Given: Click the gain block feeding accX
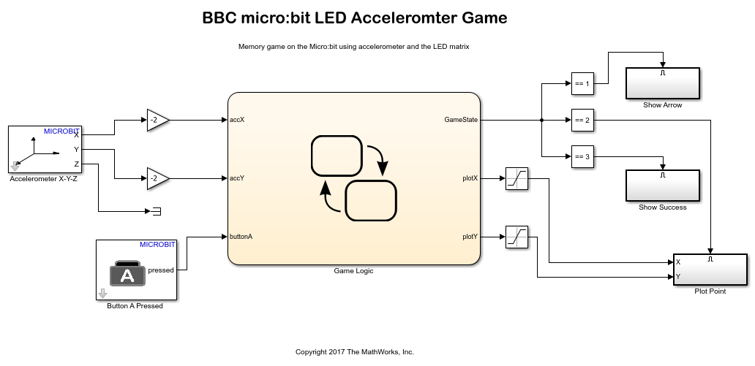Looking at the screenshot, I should [157, 120].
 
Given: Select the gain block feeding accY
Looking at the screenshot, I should [157, 178].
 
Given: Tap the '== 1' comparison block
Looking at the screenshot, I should [582, 83].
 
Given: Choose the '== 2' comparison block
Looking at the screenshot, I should [582, 120].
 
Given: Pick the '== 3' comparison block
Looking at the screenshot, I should [582, 156].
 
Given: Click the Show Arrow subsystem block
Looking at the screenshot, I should [662, 83].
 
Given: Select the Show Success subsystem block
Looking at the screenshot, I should [662, 185].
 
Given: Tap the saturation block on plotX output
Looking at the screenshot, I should [517, 178].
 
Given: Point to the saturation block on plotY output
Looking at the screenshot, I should [517, 237].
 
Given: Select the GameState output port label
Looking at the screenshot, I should [461, 120].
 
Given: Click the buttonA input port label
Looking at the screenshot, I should [241, 237].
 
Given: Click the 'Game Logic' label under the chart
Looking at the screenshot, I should [353, 270].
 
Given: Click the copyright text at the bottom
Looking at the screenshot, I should [354, 351].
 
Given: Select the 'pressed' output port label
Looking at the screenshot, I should [161, 270].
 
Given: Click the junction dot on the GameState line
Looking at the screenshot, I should [541, 120].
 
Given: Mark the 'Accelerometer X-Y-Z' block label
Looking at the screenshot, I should [43, 178].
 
